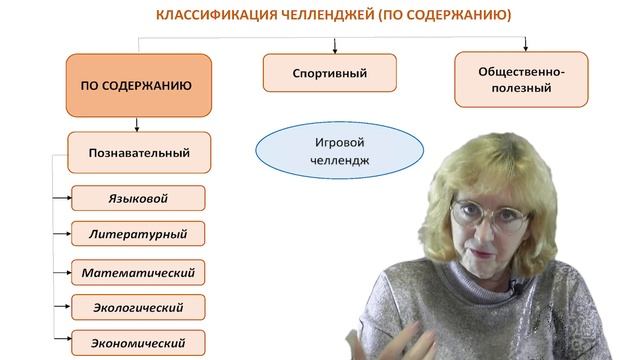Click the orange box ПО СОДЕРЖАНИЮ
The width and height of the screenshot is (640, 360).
(x=138, y=86)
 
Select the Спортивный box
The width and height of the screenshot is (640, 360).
(x=329, y=73)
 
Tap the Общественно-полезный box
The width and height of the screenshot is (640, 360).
(x=521, y=80)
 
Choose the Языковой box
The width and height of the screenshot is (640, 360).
(x=138, y=198)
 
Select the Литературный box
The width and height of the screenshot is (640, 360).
(x=138, y=235)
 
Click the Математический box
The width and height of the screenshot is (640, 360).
(x=138, y=271)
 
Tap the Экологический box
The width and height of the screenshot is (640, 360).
(x=138, y=306)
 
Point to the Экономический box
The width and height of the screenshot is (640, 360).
(x=138, y=341)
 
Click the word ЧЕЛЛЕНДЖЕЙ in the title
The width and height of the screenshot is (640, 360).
(x=319, y=16)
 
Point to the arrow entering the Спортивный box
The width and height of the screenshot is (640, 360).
(x=335, y=47)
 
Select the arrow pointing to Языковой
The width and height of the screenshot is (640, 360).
(x=64, y=198)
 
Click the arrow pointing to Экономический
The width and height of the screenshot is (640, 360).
(x=64, y=341)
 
